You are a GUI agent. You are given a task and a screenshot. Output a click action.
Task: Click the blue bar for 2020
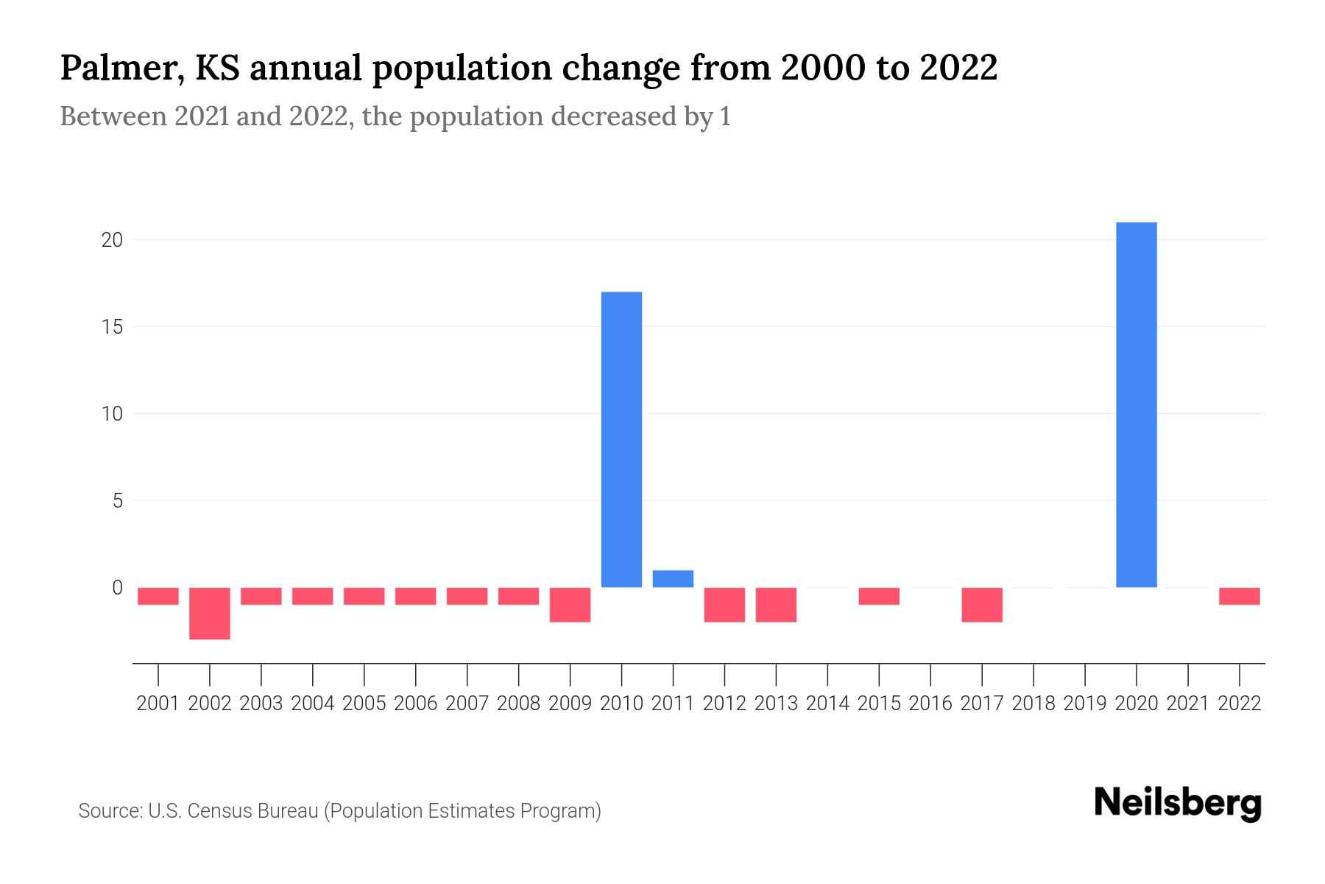[1137, 404]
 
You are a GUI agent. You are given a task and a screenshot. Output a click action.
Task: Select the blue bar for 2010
[621, 440]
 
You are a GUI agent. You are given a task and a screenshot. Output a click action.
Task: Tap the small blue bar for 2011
[673, 579]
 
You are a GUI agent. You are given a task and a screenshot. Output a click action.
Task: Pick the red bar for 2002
[210, 613]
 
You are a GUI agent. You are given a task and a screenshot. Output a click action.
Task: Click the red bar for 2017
[982, 605]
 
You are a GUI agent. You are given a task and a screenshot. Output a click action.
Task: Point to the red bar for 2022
[1240, 596]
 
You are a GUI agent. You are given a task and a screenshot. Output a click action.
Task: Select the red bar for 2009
[570, 605]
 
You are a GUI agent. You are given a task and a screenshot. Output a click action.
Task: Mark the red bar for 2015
[879, 596]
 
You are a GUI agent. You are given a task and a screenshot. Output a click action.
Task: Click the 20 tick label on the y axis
[112, 240]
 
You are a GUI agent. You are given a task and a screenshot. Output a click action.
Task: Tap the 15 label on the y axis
[112, 326]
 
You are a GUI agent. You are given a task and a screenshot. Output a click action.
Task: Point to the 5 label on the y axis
[117, 501]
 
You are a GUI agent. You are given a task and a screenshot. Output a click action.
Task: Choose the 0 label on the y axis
[117, 588]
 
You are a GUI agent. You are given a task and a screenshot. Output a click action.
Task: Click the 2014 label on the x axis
[827, 704]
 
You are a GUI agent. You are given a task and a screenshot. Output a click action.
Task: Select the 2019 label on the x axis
[1085, 704]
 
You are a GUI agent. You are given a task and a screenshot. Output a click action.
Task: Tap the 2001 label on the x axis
[158, 704]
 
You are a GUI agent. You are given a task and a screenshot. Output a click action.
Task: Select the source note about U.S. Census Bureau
[339, 811]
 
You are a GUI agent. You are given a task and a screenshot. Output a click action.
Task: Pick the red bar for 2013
[776, 605]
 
